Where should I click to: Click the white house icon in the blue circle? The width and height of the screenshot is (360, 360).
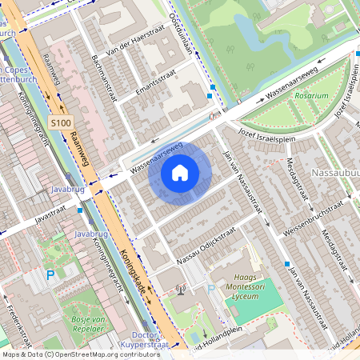[x=180, y=173]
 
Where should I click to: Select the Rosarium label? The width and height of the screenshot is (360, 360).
[x=311, y=95]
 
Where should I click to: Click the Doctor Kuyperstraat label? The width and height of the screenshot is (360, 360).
[x=150, y=339]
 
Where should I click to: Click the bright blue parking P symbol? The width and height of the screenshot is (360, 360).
[x=50, y=275]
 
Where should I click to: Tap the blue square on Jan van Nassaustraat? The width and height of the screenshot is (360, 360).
[x=286, y=263]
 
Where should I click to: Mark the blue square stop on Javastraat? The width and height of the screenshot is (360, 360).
[x=80, y=210]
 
